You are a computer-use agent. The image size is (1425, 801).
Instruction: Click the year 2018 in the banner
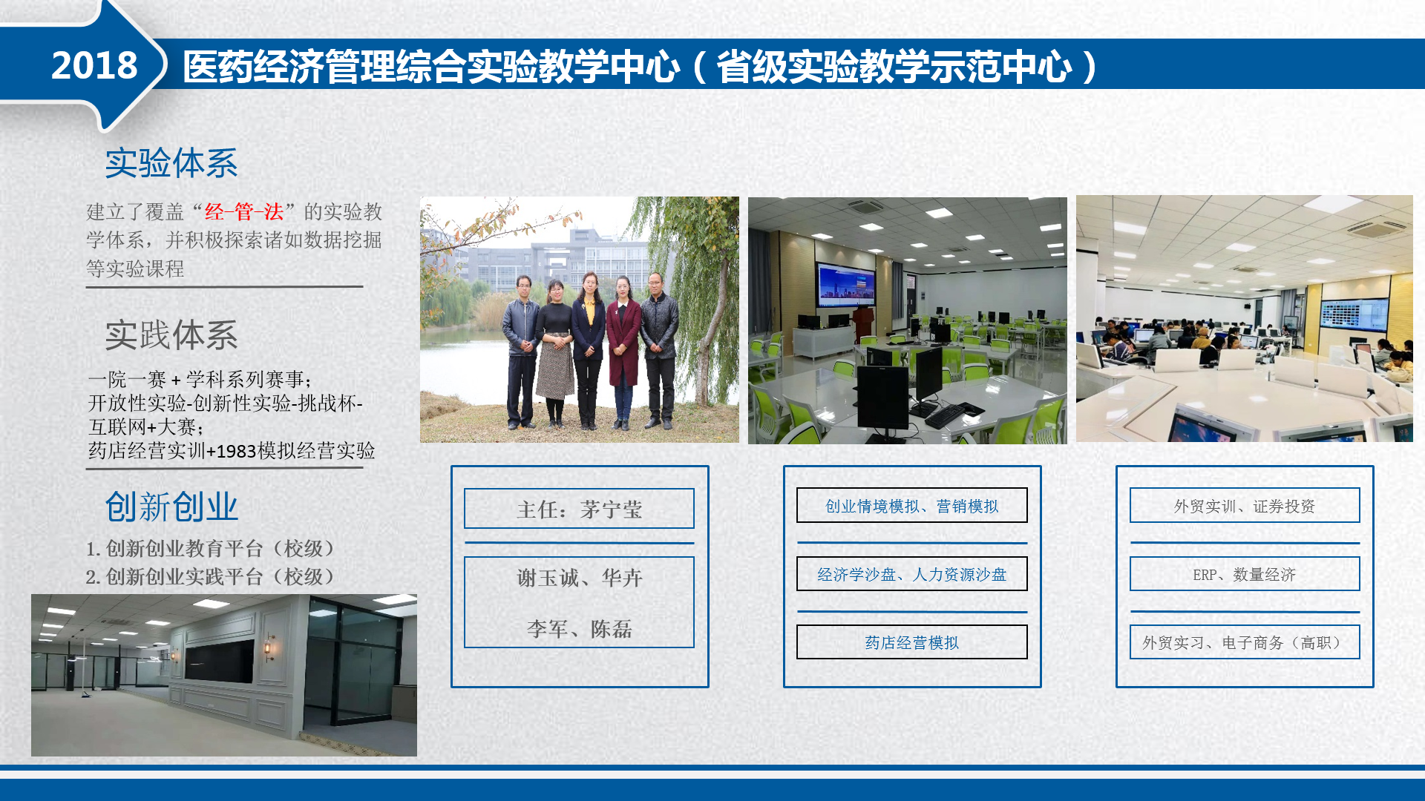pyautogui.click(x=94, y=65)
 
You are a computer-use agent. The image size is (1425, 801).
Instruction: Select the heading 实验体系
pyautogui.click(x=171, y=162)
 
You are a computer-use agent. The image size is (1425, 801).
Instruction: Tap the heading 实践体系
pyautogui.click(x=171, y=335)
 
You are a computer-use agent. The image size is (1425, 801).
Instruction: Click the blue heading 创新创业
pyautogui.click(x=171, y=507)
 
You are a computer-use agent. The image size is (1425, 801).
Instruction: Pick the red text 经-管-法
pyautogui.click(x=244, y=212)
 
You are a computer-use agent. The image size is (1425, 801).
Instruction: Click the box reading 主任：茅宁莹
pyautogui.click(x=579, y=508)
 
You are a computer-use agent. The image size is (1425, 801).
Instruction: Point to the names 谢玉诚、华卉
pyautogui.click(x=580, y=578)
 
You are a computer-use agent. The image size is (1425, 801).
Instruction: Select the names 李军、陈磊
pyautogui.click(x=580, y=629)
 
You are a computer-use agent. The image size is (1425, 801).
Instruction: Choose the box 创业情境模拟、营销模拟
pyautogui.click(x=912, y=505)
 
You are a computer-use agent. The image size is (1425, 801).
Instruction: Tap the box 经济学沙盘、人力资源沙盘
pyautogui.click(x=912, y=573)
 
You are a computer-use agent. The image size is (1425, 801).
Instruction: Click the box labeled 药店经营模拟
pyautogui.click(x=912, y=642)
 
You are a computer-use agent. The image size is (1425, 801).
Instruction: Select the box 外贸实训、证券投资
pyautogui.click(x=1245, y=505)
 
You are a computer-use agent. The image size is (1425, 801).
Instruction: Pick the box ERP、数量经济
pyautogui.click(x=1245, y=573)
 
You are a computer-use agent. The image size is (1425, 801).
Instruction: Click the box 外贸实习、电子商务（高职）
pyautogui.click(x=1245, y=642)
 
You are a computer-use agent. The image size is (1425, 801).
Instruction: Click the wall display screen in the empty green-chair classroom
pyautogui.click(x=846, y=285)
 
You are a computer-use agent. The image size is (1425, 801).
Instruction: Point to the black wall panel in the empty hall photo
pyautogui.click(x=220, y=660)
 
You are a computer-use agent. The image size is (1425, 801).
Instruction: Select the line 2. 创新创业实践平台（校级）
pyautogui.click(x=211, y=576)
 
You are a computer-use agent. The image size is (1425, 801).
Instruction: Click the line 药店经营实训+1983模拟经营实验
pyautogui.click(x=232, y=451)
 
